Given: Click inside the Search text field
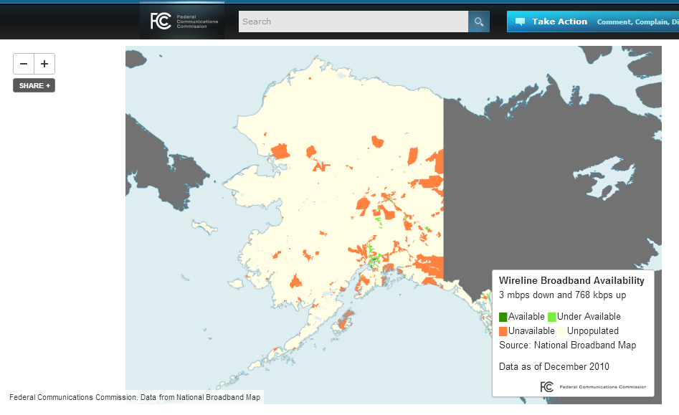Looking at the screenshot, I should point(353,22).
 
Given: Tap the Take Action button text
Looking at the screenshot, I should point(559,22).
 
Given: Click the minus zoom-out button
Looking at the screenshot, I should point(24,64).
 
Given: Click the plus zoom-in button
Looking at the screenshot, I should point(44,64).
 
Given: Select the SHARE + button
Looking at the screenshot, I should point(34,85).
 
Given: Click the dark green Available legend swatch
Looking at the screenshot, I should point(503,317).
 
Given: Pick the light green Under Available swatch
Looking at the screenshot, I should point(552,317).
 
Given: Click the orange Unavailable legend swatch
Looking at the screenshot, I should point(503,331).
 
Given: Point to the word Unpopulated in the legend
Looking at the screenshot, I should point(592,331).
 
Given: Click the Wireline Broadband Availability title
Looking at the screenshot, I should point(571,280).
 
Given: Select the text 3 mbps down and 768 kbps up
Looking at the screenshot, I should point(563,295).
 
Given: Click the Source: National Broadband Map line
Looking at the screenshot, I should point(567,345).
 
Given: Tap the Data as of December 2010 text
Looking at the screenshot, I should point(554,366).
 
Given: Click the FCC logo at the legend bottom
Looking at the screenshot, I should point(546,386).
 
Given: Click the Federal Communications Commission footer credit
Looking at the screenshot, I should point(135,396).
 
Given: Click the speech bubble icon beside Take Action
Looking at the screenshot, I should point(520,22).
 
